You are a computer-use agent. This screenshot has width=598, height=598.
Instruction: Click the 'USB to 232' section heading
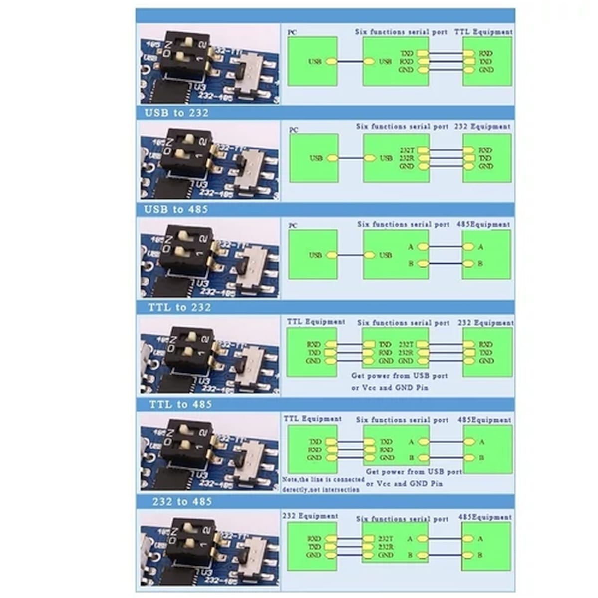click(176, 113)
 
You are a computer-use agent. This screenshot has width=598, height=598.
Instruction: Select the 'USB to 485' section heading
click(176, 209)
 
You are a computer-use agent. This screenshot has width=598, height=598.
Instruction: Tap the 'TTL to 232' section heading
click(179, 307)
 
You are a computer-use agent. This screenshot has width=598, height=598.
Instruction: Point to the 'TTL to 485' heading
click(180, 404)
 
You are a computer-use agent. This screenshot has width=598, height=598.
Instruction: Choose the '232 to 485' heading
click(182, 501)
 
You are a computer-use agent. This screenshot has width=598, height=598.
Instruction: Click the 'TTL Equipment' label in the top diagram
click(483, 32)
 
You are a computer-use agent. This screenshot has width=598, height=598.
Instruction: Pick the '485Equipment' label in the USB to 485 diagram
click(483, 224)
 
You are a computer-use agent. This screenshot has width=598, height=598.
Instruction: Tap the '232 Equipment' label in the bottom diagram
click(310, 516)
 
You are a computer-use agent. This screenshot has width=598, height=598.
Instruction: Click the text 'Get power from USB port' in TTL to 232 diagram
click(400, 376)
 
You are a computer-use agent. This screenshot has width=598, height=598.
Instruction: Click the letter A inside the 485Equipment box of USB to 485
click(481, 247)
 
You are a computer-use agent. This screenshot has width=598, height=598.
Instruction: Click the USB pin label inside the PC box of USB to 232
click(316, 158)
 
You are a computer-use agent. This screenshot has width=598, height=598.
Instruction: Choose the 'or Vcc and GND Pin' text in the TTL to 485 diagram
click(404, 484)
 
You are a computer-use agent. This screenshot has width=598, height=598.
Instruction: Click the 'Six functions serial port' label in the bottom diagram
click(402, 519)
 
